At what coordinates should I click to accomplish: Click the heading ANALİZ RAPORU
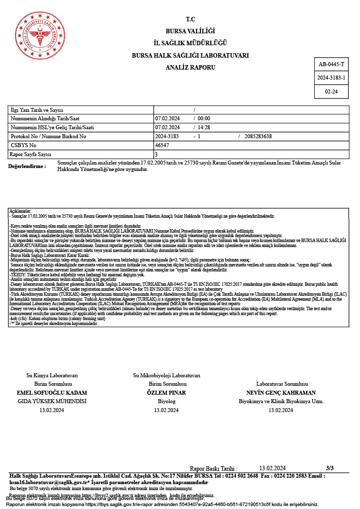click(x=190, y=66)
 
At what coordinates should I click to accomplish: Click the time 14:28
click(x=204, y=127)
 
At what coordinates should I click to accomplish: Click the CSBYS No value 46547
click(x=163, y=145)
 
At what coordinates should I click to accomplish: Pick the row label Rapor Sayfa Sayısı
click(x=31, y=155)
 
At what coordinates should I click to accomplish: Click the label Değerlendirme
click(x=27, y=166)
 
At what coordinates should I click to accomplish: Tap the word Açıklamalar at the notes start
click(x=20, y=211)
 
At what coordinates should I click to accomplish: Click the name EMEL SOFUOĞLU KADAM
click(x=52, y=393)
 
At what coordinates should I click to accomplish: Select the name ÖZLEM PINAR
click(x=167, y=393)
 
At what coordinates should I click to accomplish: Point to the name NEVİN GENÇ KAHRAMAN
click(x=281, y=393)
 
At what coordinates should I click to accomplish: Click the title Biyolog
click(x=167, y=401)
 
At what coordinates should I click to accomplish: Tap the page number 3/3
click(x=330, y=468)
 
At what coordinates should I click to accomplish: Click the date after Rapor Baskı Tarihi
click(x=272, y=468)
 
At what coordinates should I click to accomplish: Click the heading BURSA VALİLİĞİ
click(x=190, y=31)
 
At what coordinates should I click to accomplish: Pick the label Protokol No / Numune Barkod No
click(x=48, y=136)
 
